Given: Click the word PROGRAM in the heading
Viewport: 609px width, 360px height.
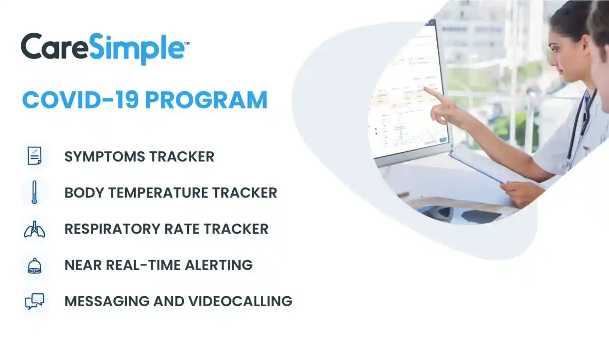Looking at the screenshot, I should click(x=206, y=100).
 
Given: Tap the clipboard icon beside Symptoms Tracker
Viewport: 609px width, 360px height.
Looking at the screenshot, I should click(x=34, y=156).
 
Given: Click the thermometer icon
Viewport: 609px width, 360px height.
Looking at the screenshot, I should click(x=34, y=193).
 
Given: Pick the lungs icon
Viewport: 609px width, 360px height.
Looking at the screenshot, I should click(x=34, y=229).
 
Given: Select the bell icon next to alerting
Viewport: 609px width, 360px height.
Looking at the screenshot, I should click(x=34, y=265).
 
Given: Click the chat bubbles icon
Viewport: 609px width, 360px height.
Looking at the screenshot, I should click(x=34, y=302).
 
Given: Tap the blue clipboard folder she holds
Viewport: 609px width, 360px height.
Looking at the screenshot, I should click(x=476, y=162).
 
